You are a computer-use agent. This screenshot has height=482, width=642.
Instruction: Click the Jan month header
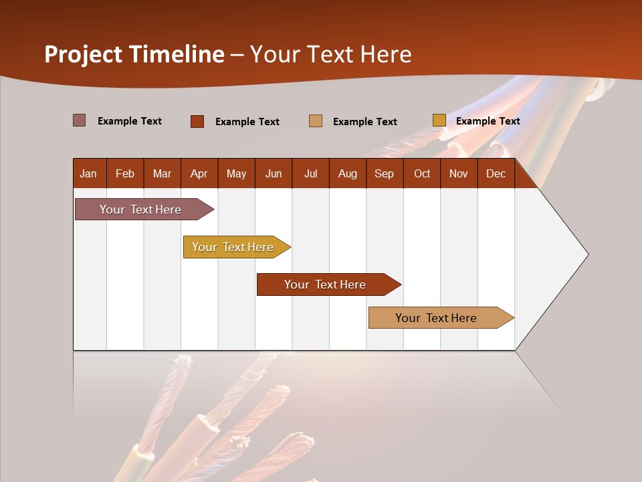click(x=88, y=174)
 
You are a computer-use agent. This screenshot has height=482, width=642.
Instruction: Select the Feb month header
click(x=125, y=174)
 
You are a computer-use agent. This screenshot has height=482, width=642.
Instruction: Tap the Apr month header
click(x=199, y=174)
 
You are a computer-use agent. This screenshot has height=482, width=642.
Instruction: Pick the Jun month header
click(x=274, y=174)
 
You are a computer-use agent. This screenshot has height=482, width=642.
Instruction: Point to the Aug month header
click(x=347, y=174)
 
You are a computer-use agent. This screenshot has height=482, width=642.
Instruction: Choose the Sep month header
click(x=384, y=174)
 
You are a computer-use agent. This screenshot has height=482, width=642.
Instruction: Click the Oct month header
click(x=422, y=174)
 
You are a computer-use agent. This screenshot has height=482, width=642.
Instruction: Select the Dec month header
click(x=496, y=174)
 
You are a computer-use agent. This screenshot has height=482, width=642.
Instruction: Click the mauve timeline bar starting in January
click(x=141, y=210)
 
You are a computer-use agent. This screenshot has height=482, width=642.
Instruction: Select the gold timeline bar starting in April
click(x=233, y=247)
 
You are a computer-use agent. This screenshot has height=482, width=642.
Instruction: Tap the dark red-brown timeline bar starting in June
click(x=326, y=285)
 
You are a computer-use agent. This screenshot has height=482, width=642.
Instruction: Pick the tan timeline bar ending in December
click(x=437, y=318)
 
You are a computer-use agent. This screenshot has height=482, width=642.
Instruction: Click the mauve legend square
click(x=79, y=120)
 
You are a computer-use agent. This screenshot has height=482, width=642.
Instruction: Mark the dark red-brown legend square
click(x=197, y=121)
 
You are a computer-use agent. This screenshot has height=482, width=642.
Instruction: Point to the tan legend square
click(x=316, y=121)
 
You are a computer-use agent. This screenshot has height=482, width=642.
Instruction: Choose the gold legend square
click(x=439, y=120)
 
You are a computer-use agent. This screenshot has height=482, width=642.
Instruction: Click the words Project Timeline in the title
click(x=134, y=54)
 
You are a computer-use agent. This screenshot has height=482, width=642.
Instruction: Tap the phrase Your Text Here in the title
click(x=330, y=54)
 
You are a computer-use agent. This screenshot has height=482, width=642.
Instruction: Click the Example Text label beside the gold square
click(x=488, y=121)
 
